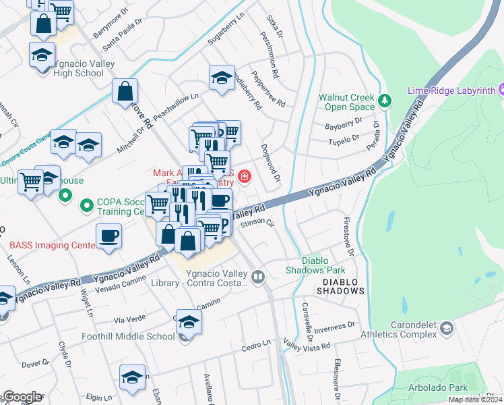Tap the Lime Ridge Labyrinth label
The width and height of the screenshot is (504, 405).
pyautogui.click(x=451, y=90)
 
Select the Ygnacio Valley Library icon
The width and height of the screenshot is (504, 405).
pyautogui.click(x=257, y=277)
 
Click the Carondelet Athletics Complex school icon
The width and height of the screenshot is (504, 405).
pyautogui.click(x=445, y=328)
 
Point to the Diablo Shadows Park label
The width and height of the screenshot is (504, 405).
pyautogui.click(x=314, y=265)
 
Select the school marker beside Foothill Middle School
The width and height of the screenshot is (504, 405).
pyautogui.click(x=189, y=324)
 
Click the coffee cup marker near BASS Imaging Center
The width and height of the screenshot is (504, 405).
pyautogui.click(x=108, y=236)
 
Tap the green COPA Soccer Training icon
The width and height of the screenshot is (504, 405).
pyautogui.click(x=86, y=204)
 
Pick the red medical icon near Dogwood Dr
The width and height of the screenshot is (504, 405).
pyautogui.click(x=243, y=178)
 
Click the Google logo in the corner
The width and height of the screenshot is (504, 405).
pyautogui.click(x=22, y=397)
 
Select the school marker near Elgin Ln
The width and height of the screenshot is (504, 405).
pyautogui.click(x=132, y=379)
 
